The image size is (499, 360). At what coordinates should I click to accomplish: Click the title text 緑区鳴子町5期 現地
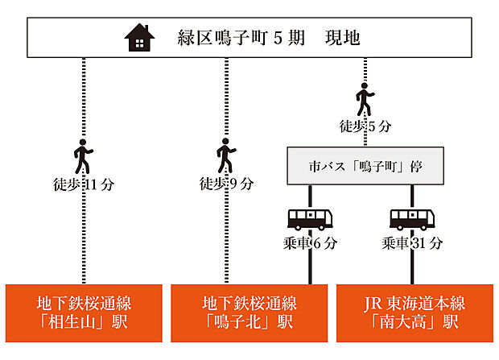click(268, 38)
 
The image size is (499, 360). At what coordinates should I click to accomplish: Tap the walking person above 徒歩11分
click(83, 155)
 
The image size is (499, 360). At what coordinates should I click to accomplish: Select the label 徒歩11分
click(83, 184)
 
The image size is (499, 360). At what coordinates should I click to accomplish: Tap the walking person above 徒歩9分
click(226, 155)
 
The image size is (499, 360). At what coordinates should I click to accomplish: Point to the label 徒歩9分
click(226, 184)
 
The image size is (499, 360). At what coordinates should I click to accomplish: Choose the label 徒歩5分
click(365, 126)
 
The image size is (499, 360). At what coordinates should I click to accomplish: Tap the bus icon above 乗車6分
click(311, 219)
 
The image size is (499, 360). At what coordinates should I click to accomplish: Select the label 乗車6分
click(311, 242)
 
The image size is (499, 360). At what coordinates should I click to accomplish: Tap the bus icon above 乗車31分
click(412, 219)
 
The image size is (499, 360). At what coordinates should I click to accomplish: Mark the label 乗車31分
click(412, 242)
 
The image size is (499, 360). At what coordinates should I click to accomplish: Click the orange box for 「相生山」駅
click(84, 313)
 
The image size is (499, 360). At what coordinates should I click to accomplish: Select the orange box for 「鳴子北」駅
click(249, 313)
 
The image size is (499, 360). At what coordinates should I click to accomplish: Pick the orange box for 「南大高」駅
click(414, 313)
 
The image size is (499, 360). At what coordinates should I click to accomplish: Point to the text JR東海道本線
click(414, 304)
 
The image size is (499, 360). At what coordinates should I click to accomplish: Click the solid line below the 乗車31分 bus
click(412, 267)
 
